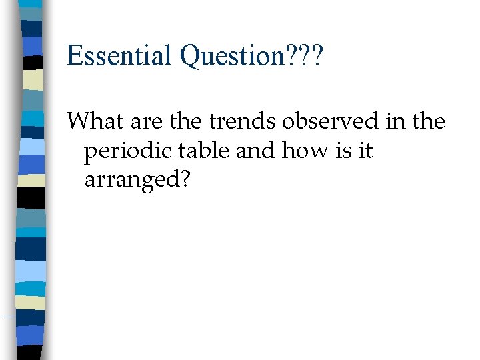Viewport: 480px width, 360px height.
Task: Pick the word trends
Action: (x=234, y=121)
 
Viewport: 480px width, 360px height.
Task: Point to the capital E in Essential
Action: (x=74, y=56)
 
